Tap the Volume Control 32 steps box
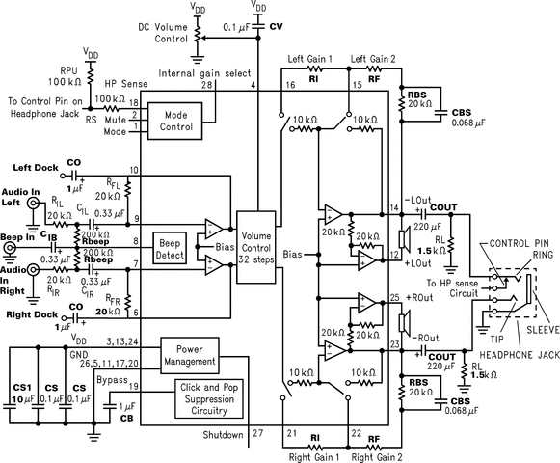coord(256,244)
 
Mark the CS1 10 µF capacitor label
coord(21,392)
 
